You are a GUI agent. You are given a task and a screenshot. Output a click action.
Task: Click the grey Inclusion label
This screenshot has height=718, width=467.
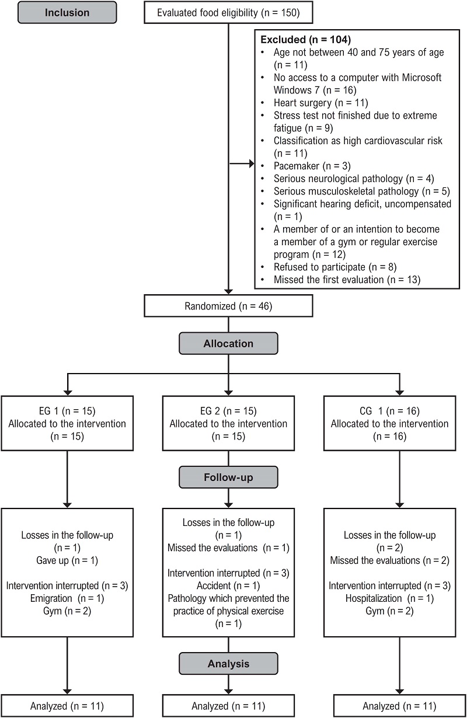coord(67,12)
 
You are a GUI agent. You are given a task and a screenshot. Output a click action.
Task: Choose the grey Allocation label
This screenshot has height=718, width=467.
coord(229,344)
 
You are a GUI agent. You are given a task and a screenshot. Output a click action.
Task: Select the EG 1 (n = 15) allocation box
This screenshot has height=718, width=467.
coord(68,423)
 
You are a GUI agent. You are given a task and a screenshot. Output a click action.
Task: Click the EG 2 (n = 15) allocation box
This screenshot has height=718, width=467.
coord(229,423)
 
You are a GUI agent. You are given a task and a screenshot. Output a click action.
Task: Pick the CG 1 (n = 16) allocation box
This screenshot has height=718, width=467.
coord(389,423)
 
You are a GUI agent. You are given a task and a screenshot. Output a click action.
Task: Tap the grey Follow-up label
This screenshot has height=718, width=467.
coord(229,477)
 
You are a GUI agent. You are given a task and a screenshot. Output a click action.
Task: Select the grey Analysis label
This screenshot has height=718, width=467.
coord(229,664)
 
